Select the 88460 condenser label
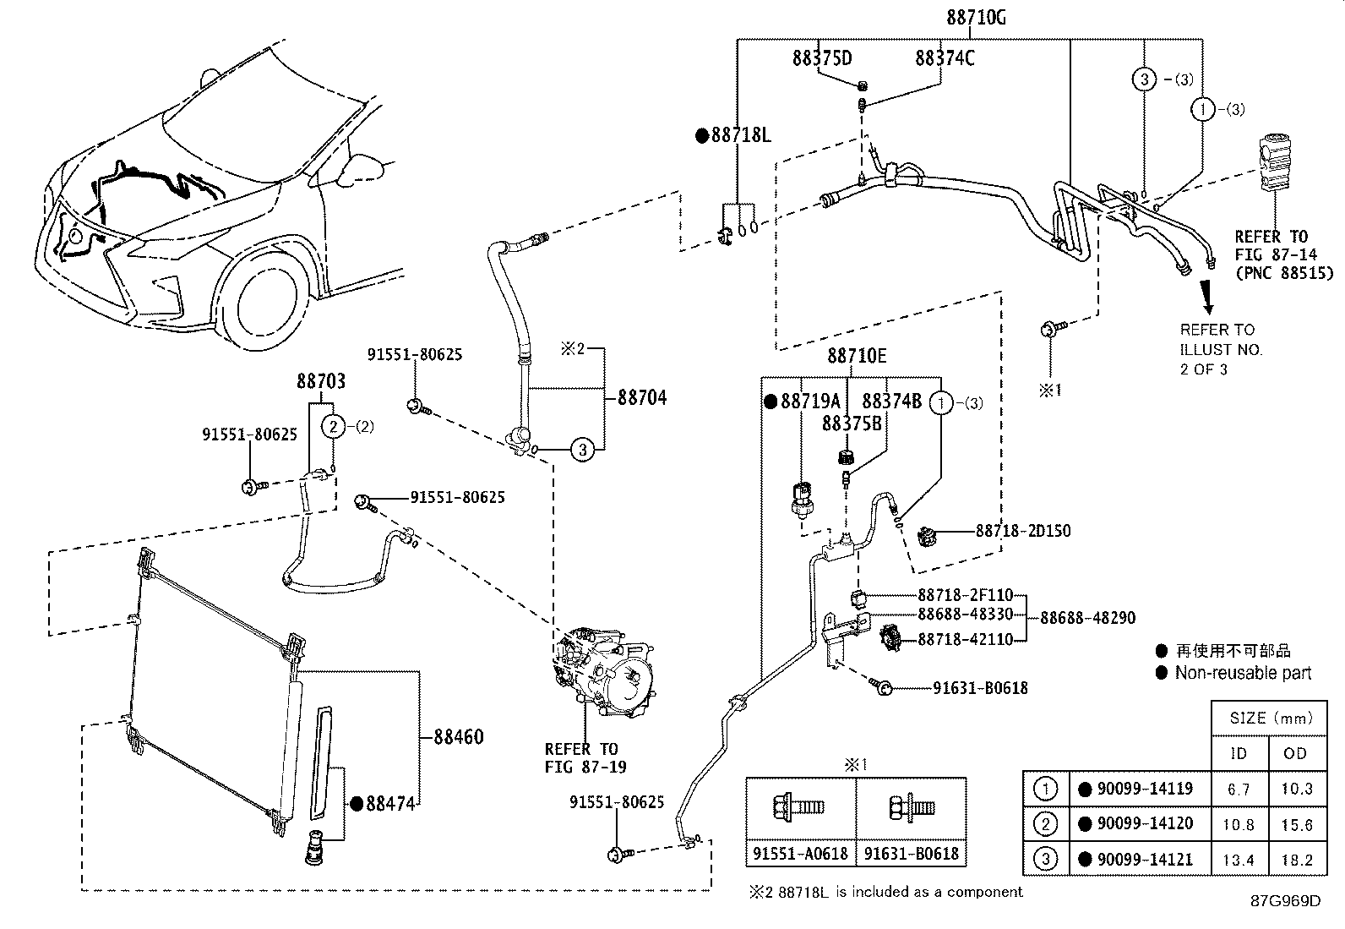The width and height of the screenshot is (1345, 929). (x=460, y=736)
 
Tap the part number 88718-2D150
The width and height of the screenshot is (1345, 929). (x=1022, y=531)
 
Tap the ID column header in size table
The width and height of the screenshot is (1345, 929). (x=1239, y=753)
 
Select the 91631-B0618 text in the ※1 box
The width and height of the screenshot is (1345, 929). (x=911, y=854)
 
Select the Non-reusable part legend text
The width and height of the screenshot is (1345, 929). (x=1243, y=673)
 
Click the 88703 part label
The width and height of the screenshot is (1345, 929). (x=320, y=381)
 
